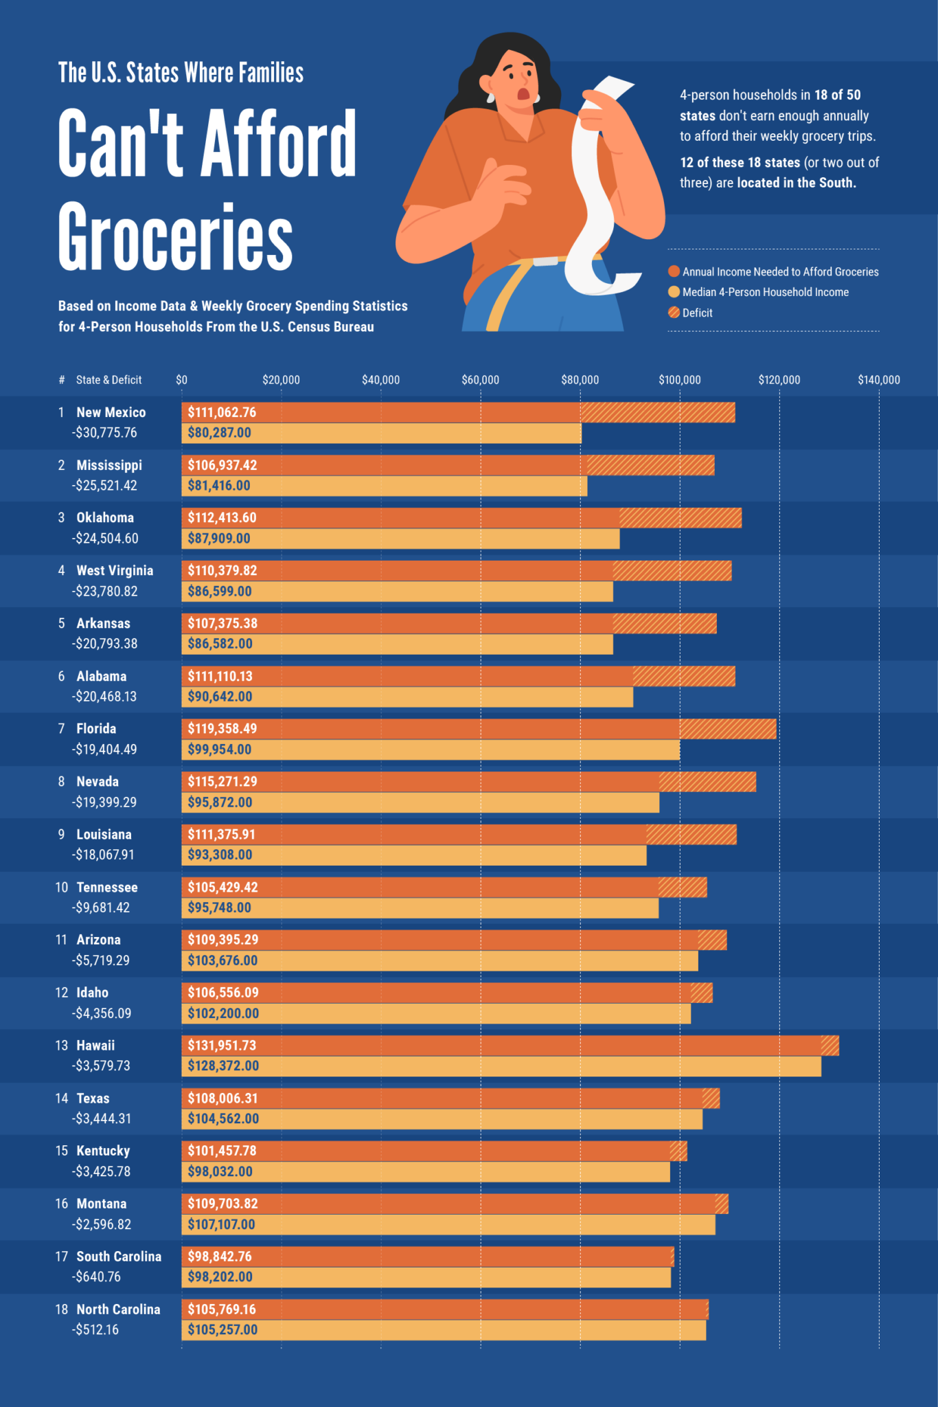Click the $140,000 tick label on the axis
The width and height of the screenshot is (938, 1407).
(878, 380)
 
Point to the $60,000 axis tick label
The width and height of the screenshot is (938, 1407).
(480, 380)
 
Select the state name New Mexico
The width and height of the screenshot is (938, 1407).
(111, 412)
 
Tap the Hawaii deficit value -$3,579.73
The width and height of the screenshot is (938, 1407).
(101, 1066)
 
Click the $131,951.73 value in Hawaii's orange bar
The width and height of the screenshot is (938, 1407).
(222, 1046)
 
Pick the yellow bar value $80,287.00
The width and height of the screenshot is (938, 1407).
(219, 433)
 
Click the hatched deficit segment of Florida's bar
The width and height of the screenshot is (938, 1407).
(728, 729)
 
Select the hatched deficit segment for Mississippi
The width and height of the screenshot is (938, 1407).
(650, 465)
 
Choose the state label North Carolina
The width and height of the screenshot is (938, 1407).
(118, 1309)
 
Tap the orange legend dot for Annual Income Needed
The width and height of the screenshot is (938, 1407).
(674, 271)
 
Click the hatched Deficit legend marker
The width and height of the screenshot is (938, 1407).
(674, 313)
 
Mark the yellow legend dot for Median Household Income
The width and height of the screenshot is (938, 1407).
(674, 292)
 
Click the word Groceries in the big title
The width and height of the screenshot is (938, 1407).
(175, 237)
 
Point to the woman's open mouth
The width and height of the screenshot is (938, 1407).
(523, 94)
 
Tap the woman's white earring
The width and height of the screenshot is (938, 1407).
(491, 97)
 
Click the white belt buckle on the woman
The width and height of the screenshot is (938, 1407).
(545, 262)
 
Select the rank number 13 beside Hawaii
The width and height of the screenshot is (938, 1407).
(62, 1046)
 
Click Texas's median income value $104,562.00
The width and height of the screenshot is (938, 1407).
(223, 1118)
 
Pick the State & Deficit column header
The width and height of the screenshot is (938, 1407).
(108, 380)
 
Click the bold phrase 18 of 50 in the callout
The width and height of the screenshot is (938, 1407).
(837, 95)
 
